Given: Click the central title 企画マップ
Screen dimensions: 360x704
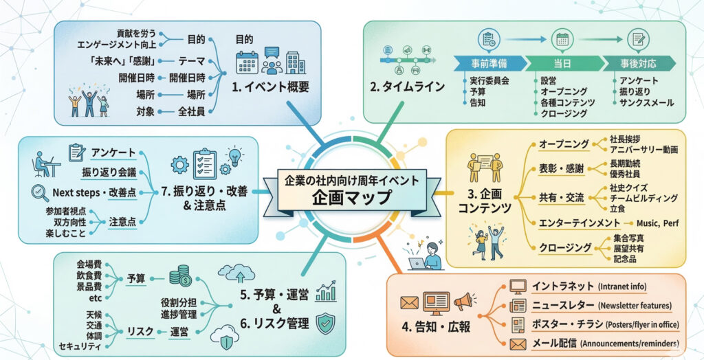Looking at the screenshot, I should [351, 196].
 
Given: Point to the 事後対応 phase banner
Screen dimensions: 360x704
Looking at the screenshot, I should [636, 63].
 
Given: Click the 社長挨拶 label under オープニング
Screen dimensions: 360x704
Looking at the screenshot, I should [621, 139].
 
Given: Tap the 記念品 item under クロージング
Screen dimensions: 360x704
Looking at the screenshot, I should [625, 259].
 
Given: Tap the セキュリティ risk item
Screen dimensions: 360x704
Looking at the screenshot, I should [80, 345].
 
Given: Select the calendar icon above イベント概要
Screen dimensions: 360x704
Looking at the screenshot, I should [245, 62].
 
